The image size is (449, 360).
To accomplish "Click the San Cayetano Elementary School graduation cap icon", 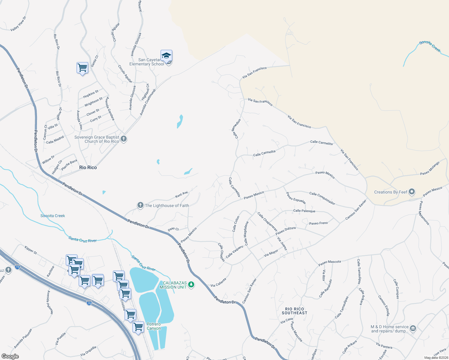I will tap(166, 56).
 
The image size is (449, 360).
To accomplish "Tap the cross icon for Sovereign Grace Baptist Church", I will tap(124, 139).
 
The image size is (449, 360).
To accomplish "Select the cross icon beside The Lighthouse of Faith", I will tap(140, 205).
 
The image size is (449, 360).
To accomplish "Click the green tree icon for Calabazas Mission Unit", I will tap(191, 285).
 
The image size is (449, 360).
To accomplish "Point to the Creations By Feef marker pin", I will tap(412, 192).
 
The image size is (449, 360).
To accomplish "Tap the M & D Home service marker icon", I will tap(413, 328).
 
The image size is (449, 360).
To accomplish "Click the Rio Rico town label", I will tap(88, 167).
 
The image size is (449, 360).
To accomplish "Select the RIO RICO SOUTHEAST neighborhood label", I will tap(294, 311).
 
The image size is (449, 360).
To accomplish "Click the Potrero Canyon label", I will tap(154, 326).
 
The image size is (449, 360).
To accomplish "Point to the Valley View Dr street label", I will tap(18, 24).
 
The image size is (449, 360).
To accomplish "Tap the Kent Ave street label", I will tap(182, 195).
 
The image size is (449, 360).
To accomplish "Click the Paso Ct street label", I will tap(173, 229).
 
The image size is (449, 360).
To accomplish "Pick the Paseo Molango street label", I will tap(429, 168).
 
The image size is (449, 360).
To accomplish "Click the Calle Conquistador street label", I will tap(322, 198).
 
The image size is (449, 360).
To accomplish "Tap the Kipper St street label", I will tap(31, 250).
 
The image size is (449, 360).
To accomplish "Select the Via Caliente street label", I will tap(218, 282).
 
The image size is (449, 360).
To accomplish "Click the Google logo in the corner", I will tap(10, 356).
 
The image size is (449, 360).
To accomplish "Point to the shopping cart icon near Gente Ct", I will tap(82, 67).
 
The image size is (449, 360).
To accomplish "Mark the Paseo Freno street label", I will tap(318, 223).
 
